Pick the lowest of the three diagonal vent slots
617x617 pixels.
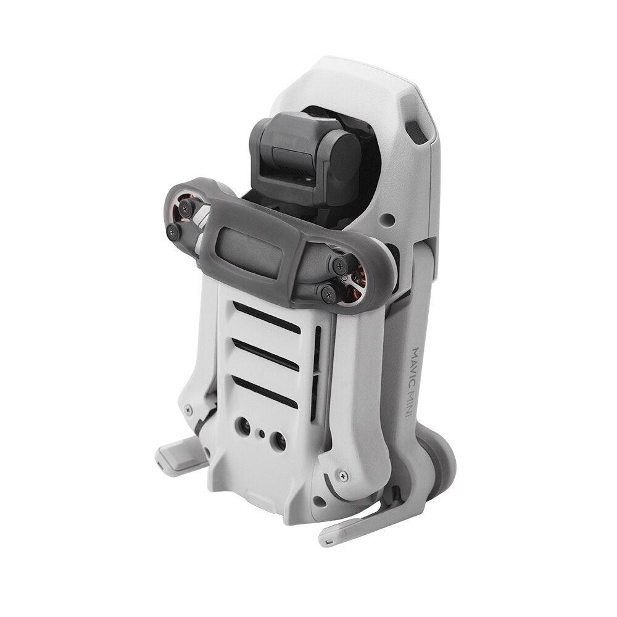(266, 391)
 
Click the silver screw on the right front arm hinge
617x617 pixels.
(343, 476)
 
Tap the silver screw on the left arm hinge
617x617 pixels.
(189, 410)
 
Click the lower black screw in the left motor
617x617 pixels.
(173, 232)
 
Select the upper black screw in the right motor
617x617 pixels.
(339, 266)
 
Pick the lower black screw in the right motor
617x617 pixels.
(328, 294)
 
